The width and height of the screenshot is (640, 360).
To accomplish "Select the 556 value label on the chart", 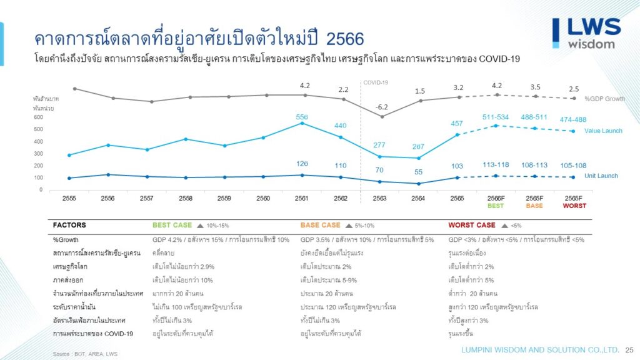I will tap(302, 116).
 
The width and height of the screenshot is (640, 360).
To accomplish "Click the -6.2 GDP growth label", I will tap(381, 107).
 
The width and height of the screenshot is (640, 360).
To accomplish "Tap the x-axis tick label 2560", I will tap(263, 198).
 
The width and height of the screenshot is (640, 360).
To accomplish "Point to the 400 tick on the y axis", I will tap(38, 141).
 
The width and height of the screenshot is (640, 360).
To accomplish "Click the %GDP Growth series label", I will tap(604, 99).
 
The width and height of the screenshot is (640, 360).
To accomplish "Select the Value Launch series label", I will tap(603, 131).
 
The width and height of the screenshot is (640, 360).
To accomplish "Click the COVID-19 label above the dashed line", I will tap(376, 82).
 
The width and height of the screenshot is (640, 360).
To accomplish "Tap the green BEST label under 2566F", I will tap(496, 206).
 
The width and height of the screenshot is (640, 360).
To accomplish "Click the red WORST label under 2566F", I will tap(574, 206).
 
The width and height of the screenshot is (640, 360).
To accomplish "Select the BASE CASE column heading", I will tap(320, 225).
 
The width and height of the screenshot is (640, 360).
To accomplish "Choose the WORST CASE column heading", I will tap(471, 225).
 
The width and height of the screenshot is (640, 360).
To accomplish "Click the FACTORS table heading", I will tap(69, 225).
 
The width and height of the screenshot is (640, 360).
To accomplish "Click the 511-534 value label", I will tap(496, 116).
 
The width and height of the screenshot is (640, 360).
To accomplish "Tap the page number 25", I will tap(629, 349).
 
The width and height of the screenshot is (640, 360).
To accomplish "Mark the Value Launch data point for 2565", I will tap(457, 134).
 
